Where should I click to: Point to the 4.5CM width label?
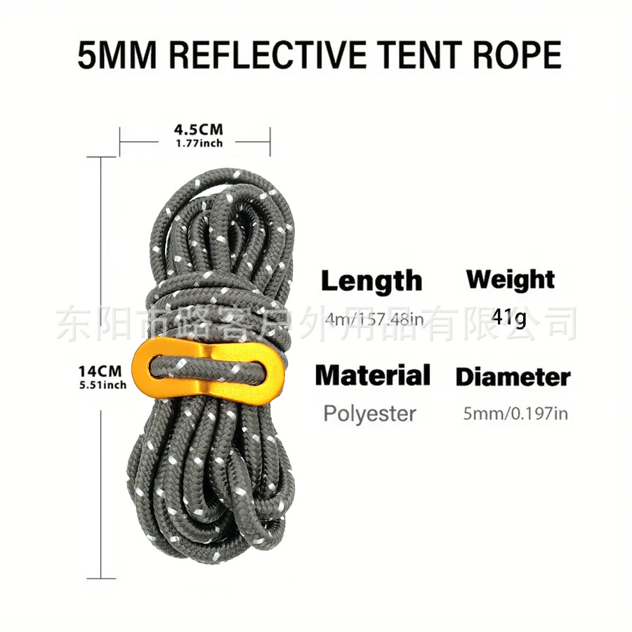click(198, 130)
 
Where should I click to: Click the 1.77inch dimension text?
click(199, 143)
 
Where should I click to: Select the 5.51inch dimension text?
click(102, 385)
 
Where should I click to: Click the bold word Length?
click(371, 281)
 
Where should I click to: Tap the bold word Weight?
click(511, 279)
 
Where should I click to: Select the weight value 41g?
click(508, 317)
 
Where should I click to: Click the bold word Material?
click(372, 376)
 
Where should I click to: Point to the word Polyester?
click(369, 413)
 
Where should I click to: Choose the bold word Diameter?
click(513, 377)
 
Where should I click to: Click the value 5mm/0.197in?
click(515, 414)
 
